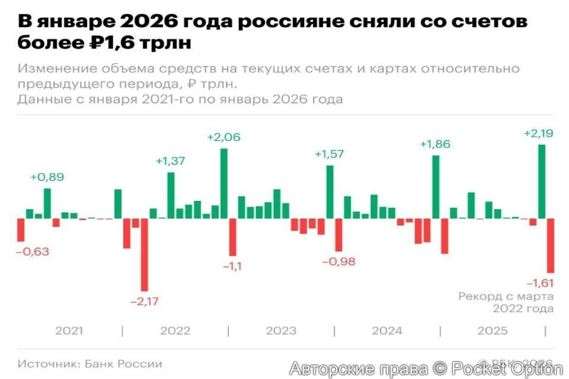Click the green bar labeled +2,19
[x=542, y=181]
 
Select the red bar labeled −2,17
[x=144, y=255]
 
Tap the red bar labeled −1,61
[x=551, y=245]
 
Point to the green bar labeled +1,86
[x=436, y=187]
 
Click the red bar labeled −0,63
[x=20, y=230]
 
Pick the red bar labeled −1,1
[x=233, y=237]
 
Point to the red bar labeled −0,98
[x=338, y=235]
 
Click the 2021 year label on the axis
[x=69, y=331]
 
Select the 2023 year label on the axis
[x=281, y=331]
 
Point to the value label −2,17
[x=144, y=301]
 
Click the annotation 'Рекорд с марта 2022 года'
[x=506, y=302]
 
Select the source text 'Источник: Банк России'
[x=90, y=364]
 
